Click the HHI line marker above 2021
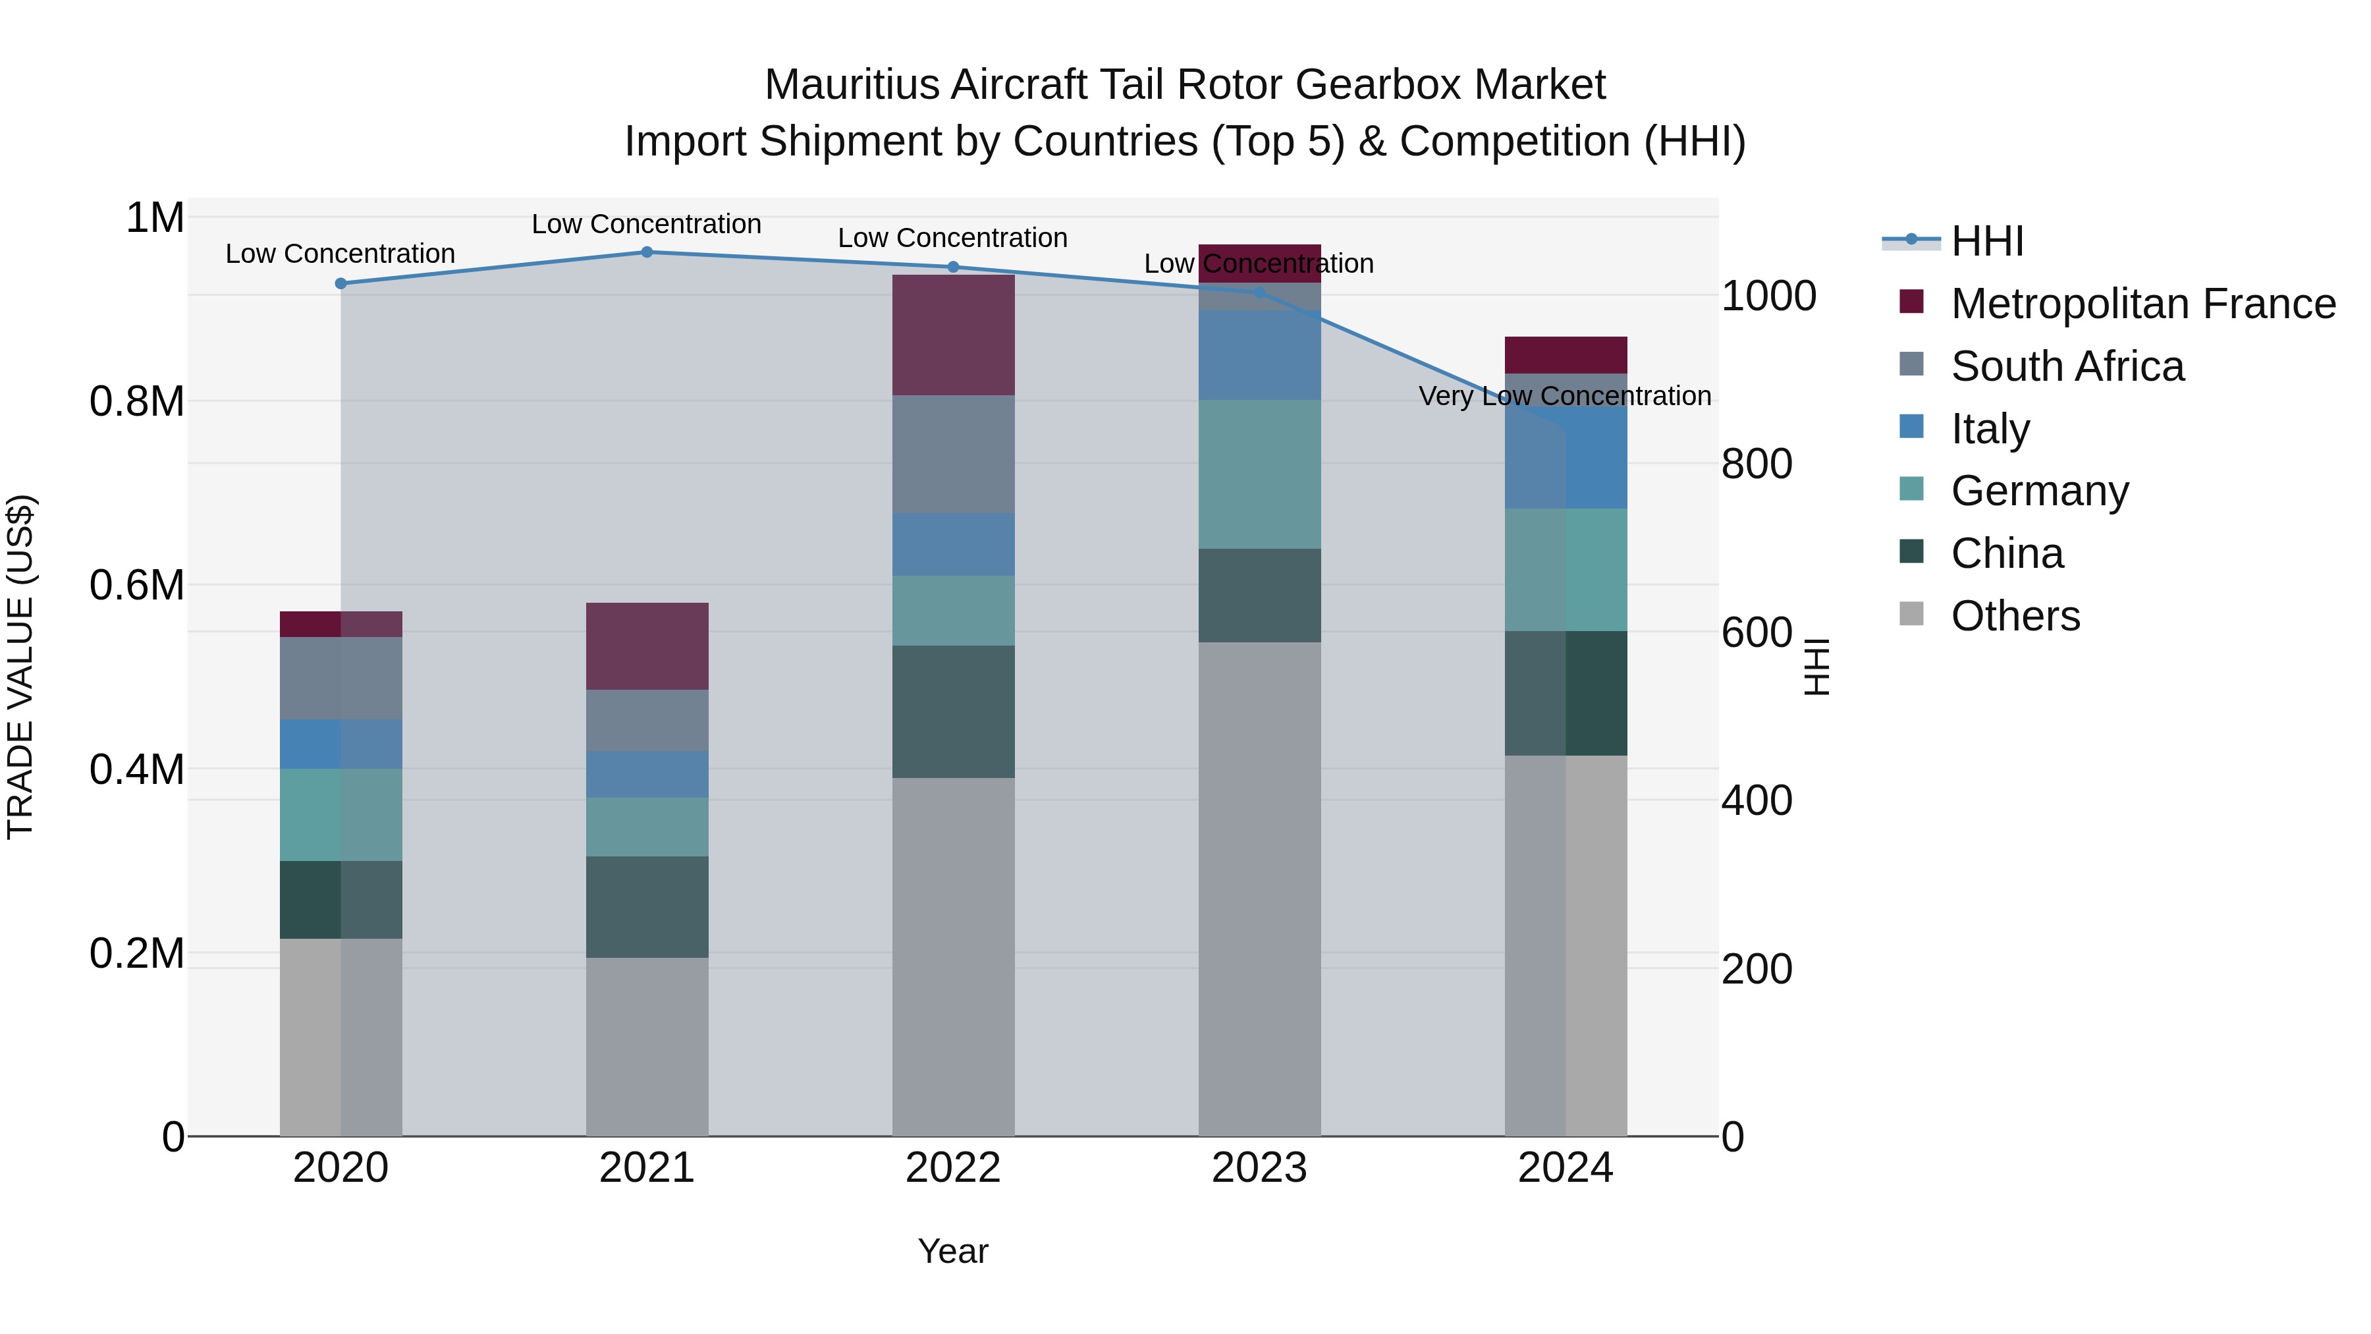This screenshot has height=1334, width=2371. point(646,252)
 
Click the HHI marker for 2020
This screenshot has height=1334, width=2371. point(341,283)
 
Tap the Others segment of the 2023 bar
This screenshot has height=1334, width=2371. point(1259,889)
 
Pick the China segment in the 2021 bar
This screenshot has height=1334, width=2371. point(646,907)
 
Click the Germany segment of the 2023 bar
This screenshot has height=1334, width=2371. point(1259,474)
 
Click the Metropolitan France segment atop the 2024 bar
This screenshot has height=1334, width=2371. point(1565,355)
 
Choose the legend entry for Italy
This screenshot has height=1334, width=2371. point(1989,429)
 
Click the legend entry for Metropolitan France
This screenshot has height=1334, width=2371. point(2142,304)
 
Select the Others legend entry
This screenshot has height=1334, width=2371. point(2014,616)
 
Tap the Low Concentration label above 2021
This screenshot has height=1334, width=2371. point(646,224)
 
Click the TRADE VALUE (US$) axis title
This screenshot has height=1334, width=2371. point(20,667)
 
